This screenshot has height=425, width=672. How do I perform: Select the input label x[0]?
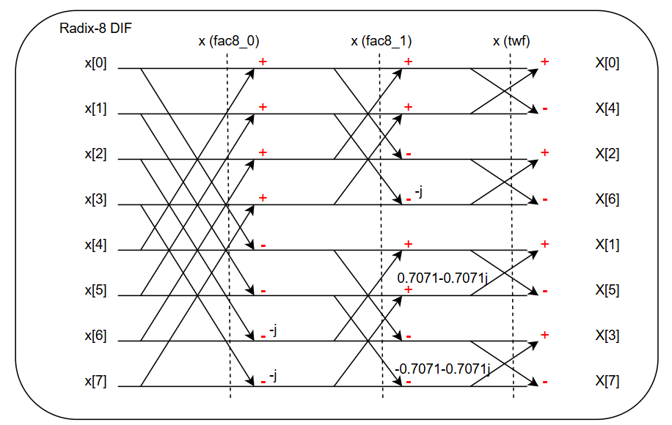coord(95,63)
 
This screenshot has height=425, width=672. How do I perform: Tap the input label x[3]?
coord(95,199)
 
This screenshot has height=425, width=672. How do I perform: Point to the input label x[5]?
coord(95,290)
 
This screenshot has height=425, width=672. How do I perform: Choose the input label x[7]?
coord(95,381)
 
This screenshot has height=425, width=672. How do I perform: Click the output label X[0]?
coord(607,63)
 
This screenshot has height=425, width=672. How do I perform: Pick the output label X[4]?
coord(607,108)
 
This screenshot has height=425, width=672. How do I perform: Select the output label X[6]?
coord(607,199)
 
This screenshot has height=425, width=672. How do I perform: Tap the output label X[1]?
coord(607,245)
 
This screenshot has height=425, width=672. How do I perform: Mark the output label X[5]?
coord(607,290)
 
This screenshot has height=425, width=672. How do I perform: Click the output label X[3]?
coord(607,336)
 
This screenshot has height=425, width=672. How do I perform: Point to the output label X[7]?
coord(607,381)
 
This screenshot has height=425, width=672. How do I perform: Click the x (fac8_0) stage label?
coord(228,41)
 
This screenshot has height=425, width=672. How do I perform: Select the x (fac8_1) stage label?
coord(381,41)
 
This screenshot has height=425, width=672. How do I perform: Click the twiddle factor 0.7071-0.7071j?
coord(442,278)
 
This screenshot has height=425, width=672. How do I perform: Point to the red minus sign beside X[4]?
coord(545,109)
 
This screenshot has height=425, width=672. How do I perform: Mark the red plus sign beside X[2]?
coord(545,152)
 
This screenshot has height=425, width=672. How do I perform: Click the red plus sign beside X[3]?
coord(545,335)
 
